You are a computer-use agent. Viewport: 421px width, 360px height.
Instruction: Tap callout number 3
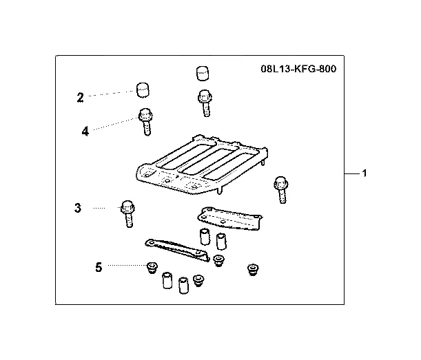(79, 207)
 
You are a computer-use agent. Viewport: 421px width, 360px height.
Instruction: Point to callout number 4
(85, 130)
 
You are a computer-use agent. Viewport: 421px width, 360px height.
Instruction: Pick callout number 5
(99, 266)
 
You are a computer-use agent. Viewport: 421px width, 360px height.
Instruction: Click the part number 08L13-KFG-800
(299, 70)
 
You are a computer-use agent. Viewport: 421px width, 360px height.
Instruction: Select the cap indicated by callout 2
(143, 90)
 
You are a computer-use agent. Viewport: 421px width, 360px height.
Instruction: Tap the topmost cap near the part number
(201, 72)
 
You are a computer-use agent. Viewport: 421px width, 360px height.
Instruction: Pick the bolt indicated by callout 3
(127, 214)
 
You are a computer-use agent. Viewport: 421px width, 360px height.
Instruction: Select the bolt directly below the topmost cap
(203, 102)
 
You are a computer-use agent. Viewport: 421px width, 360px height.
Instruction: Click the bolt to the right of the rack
(281, 189)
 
